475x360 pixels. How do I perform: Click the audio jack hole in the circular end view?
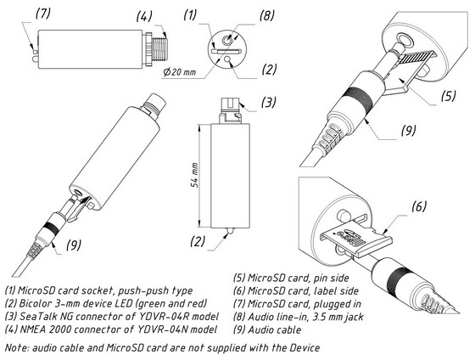[226, 39]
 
